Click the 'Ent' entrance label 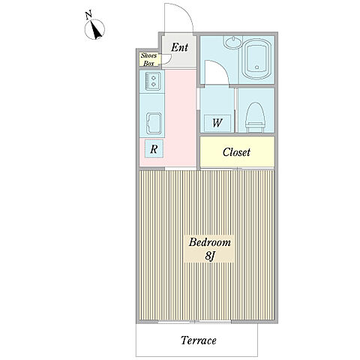tap(179, 47)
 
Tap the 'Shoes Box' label tap(148, 59)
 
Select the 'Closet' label tap(236, 152)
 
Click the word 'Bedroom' tap(209, 242)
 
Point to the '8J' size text tap(210, 256)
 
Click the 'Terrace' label tap(199, 340)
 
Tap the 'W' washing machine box tap(217, 123)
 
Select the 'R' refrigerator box tap(154, 149)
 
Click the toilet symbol tap(255, 117)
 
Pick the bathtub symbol tap(257, 59)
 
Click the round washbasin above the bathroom tap(233, 42)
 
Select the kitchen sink tap(154, 124)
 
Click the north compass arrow tap(96, 30)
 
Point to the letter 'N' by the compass tap(88, 15)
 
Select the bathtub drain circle tap(256, 67)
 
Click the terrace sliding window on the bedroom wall tap(195, 322)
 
